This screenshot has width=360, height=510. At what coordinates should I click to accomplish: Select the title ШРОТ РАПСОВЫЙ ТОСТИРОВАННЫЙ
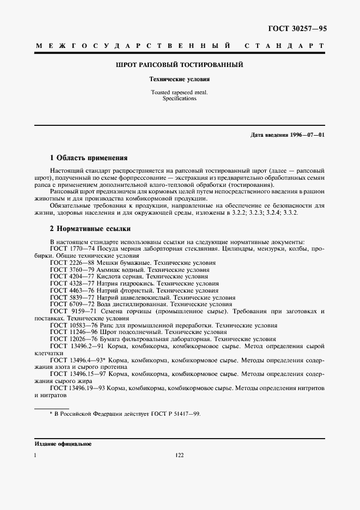[180, 65]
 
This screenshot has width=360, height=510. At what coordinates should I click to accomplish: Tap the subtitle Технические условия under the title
[180, 79]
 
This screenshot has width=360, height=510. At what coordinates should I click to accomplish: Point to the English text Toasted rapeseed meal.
[180, 93]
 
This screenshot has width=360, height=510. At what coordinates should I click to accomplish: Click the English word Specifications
[180, 99]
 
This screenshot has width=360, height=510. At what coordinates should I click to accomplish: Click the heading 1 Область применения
[88, 158]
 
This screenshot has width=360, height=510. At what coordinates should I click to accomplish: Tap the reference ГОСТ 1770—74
[72, 248]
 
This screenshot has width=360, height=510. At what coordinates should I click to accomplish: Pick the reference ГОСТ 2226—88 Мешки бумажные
[101, 263]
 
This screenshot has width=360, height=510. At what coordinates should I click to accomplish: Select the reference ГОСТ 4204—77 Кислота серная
[99, 277]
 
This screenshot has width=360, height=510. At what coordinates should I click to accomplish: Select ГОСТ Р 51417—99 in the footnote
[174, 414]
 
